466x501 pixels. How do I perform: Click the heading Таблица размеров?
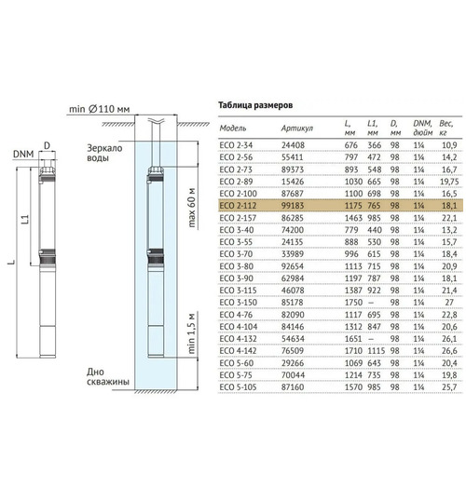point(255,105)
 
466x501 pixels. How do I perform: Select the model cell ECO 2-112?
point(238,206)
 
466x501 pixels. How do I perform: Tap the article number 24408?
point(293,145)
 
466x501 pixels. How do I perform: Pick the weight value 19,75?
point(449,182)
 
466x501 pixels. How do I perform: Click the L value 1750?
point(353,303)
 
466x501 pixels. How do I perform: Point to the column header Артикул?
point(297,129)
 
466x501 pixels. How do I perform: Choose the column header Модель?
point(233,129)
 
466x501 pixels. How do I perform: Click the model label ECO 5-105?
point(239,387)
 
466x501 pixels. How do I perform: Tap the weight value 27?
point(449,303)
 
